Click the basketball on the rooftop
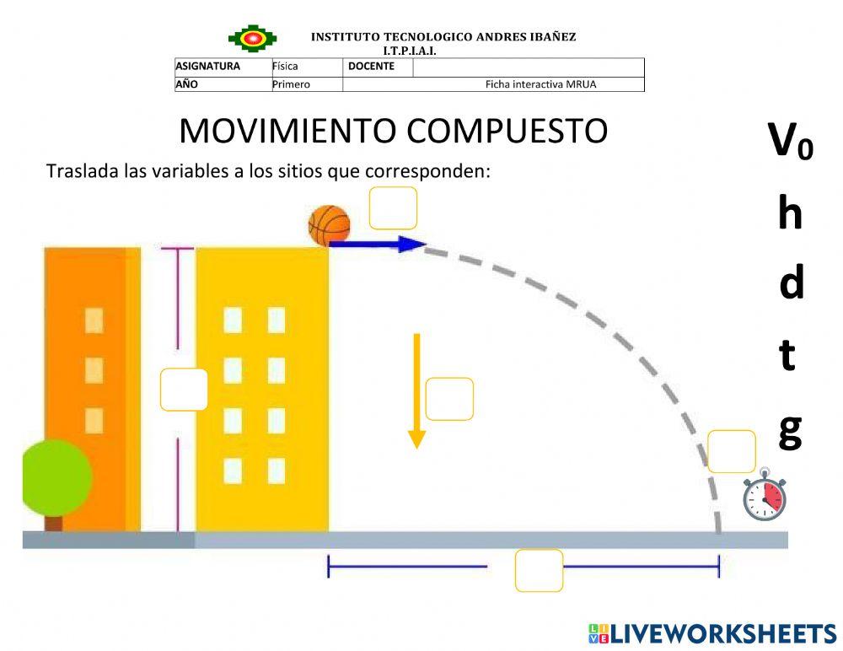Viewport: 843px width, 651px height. [329, 225]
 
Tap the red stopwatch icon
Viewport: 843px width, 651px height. [765, 498]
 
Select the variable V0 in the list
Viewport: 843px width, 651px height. [790, 140]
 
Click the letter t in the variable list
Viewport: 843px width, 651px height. [787, 356]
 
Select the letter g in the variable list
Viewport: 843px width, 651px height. [790, 429]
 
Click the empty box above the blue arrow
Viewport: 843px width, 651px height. [393, 208]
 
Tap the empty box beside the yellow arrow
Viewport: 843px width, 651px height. [449, 399]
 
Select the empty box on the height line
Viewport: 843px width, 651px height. [184, 390]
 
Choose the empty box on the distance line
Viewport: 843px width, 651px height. [539, 570]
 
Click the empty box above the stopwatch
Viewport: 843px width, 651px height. [731, 451]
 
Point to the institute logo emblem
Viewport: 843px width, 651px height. [251, 38]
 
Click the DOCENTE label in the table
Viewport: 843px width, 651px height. [371, 67]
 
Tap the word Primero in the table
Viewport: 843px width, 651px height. [291, 84]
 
